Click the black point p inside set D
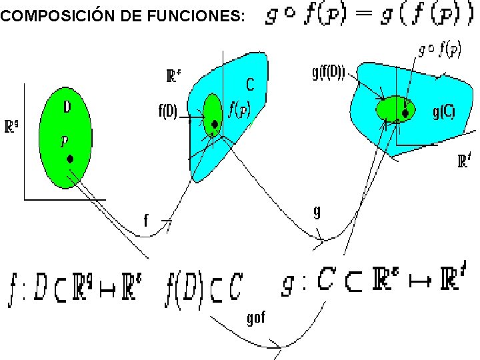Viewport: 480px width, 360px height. [69, 159]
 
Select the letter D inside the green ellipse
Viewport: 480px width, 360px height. [67, 107]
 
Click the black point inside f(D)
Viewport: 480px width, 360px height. [214, 124]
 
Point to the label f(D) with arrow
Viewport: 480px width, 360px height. [167, 112]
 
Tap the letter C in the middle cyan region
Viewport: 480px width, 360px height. [250, 85]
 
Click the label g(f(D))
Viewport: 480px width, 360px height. [328, 73]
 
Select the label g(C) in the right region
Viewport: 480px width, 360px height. [443, 112]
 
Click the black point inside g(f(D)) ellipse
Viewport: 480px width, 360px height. [405, 113]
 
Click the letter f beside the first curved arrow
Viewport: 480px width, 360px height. [146, 219]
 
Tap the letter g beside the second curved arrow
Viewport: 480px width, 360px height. [317, 212]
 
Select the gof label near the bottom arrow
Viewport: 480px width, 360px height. [255, 317]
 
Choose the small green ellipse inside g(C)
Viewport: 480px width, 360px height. [394, 108]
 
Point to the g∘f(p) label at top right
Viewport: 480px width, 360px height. [441, 49]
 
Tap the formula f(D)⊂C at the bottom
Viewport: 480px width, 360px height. [204, 287]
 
